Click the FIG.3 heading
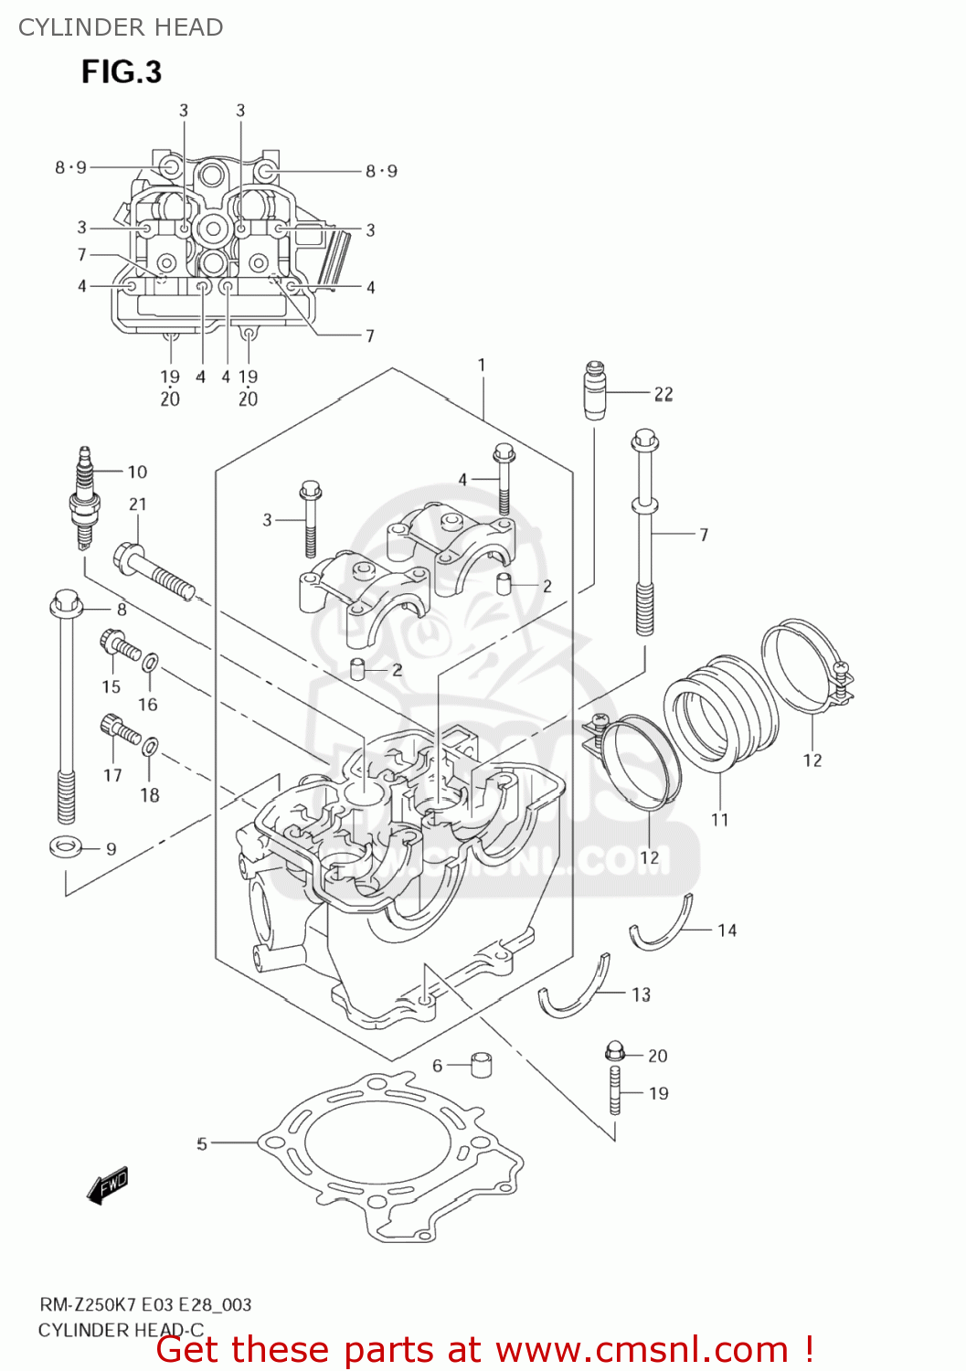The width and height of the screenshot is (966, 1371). click(122, 71)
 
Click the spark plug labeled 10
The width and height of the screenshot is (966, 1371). click(84, 498)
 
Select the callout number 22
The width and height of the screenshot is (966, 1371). click(663, 394)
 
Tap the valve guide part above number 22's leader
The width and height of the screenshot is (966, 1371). click(595, 390)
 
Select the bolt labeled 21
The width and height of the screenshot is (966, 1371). click(154, 572)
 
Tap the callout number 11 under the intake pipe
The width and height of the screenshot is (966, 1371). click(720, 820)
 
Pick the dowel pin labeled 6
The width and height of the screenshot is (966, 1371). click(482, 1065)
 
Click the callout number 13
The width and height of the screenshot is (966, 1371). click(642, 994)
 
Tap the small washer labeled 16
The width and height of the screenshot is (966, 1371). click(151, 661)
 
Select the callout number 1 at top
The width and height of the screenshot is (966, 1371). click(482, 365)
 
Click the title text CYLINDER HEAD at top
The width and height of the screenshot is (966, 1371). click(121, 27)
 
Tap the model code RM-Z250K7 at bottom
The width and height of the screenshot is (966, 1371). click(88, 1304)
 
